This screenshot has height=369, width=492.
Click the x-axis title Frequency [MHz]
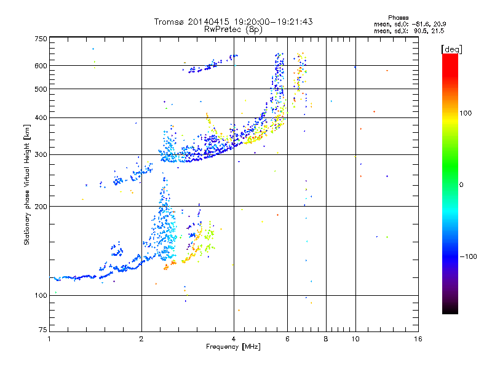pyautogui.click(x=233, y=347)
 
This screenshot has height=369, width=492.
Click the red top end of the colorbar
pyautogui.click(x=450, y=57)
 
